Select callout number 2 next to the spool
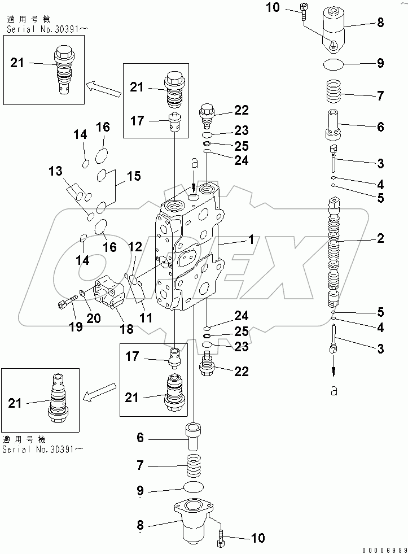380,238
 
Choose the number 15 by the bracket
133,176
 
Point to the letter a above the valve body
194,164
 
